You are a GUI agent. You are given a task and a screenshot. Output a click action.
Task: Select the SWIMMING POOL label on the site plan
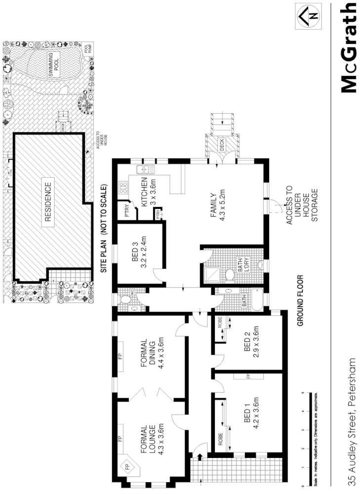(53, 64)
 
